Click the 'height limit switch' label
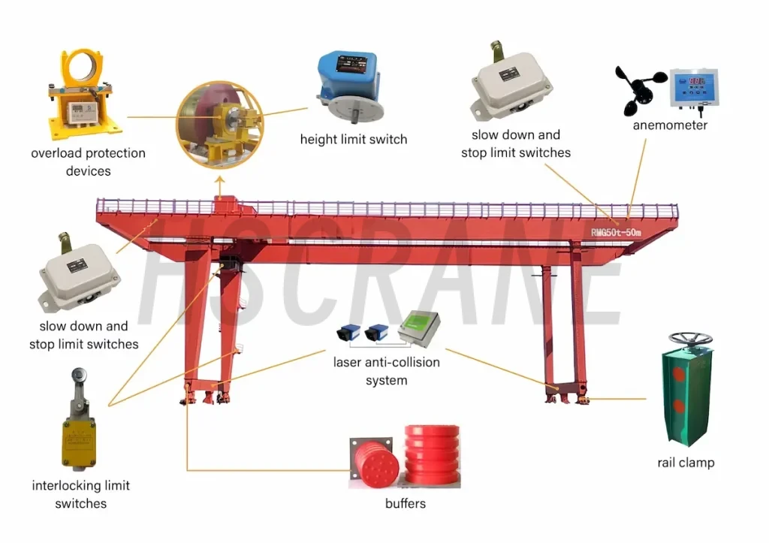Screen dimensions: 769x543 (x=354, y=139)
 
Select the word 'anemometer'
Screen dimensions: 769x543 (x=670, y=125)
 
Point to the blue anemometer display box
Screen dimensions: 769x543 (x=695, y=89)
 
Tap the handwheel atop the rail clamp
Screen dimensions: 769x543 (x=690, y=339)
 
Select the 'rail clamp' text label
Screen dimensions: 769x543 (x=686, y=463)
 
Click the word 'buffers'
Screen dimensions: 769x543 (x=405, y=503)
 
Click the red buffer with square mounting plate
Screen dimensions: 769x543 (x=374, y=462)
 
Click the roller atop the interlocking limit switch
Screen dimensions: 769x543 (x=79, y=375)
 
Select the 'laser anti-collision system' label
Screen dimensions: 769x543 (x=387, y=371)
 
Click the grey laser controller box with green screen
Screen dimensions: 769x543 (x=419, y=327)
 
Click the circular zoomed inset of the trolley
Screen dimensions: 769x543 (x=220, y=125)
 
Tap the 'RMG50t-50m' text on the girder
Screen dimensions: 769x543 (x=616, y=232)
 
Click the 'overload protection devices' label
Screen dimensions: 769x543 (x=89, y=162)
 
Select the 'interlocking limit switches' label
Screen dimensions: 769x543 (x=81, y=494)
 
